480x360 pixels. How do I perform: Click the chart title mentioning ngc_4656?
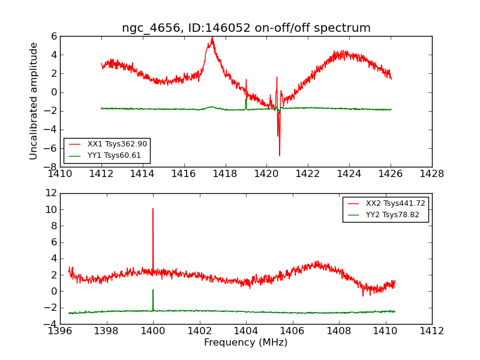(246, 28)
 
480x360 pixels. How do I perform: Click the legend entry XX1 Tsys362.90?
(117, 144)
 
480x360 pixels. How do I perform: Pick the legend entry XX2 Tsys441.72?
(395, 203)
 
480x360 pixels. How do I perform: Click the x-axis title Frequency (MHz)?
(245, 343)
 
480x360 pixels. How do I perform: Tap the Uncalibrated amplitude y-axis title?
(34, 101)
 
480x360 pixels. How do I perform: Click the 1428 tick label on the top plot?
(431, 173)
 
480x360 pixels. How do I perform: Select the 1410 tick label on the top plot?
(60, 173)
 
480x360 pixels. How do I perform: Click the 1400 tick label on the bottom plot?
(153, 331)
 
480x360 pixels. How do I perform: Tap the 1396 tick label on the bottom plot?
(60, 331)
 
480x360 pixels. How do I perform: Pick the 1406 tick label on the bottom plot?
(292, 331)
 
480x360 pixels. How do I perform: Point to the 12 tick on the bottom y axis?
(51, 193)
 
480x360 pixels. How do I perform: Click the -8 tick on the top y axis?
(51, 167)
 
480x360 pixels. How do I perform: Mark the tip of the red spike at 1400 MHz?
(153, 209)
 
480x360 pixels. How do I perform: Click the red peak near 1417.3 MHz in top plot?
(212, 38)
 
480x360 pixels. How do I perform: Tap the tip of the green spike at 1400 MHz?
(153, 290)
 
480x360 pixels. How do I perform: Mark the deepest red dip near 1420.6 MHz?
(279, 155)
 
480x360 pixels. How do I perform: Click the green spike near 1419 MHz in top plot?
(246, 96)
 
